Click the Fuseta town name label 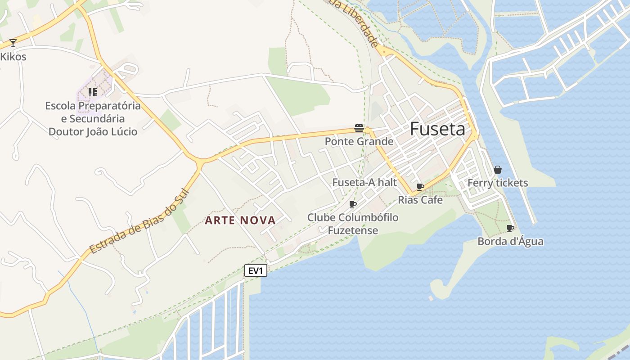click(x=437, y=130)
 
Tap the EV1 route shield click(x=256, y=270)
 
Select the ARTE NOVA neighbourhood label click(x=240, y=220)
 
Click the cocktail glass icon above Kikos click(x=13, y=43)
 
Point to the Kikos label click(x=13, y=57)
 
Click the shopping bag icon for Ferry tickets click(x=497, y=170)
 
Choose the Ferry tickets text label click(x=498, y=183)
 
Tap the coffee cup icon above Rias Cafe click(x=420, y=187)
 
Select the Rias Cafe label click(x=420, y=200)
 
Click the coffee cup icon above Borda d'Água click(x=510, y=229)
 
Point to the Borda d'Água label click(x=510, y=242)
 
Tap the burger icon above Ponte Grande click(x=359, y=128)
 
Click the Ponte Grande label click(x=359, y=142)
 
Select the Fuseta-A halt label click(x=364, y=182)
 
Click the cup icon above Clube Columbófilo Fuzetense click(x=353, y=205)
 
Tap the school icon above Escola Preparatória click(x=93, y=92)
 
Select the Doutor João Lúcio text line click(x=93, y=132)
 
